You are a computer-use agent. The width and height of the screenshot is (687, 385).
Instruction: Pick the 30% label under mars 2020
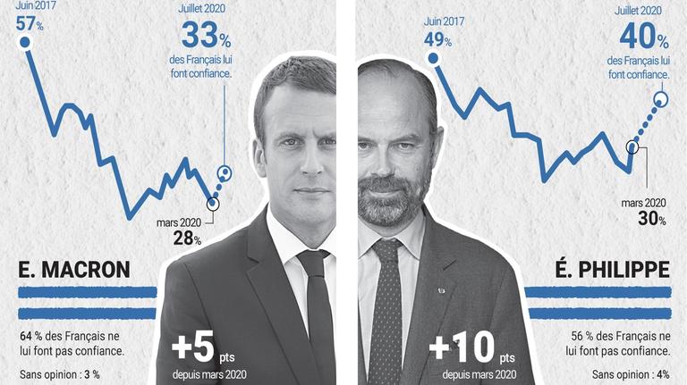pyautogui.click(x=651, y=218)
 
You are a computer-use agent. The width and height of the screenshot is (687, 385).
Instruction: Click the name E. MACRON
pyautogui.click(x=74, y=270)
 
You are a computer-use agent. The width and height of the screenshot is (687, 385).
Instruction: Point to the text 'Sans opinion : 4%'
pyautogui.click(x=631, y=373)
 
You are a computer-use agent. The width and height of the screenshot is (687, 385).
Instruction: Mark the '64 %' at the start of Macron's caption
pyautogui.click(x=30, y=335)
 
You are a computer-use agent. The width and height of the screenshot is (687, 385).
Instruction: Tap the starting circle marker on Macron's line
pyautogui.click(x=25, y=42)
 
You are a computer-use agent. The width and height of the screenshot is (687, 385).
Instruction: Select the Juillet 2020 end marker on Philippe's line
pyautogui.click(x=661, y=99)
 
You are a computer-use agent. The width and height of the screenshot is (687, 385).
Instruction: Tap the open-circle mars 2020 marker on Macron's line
pyautogui.click(x=212, y=203)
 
